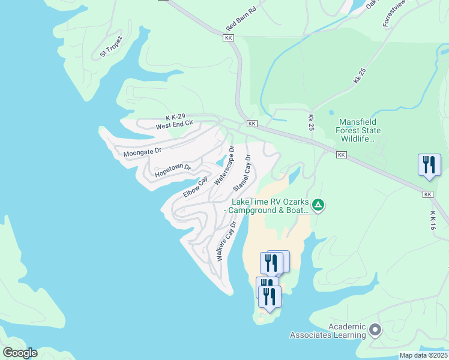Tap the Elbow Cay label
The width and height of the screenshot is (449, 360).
point(195,187)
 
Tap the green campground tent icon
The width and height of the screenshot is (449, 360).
point(318,206)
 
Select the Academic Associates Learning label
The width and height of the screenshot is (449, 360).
point(328,331)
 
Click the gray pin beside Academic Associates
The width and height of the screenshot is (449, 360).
point(376,329)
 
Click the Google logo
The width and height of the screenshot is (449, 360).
point(20,353)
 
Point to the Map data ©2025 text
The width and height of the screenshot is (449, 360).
point(423,355)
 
